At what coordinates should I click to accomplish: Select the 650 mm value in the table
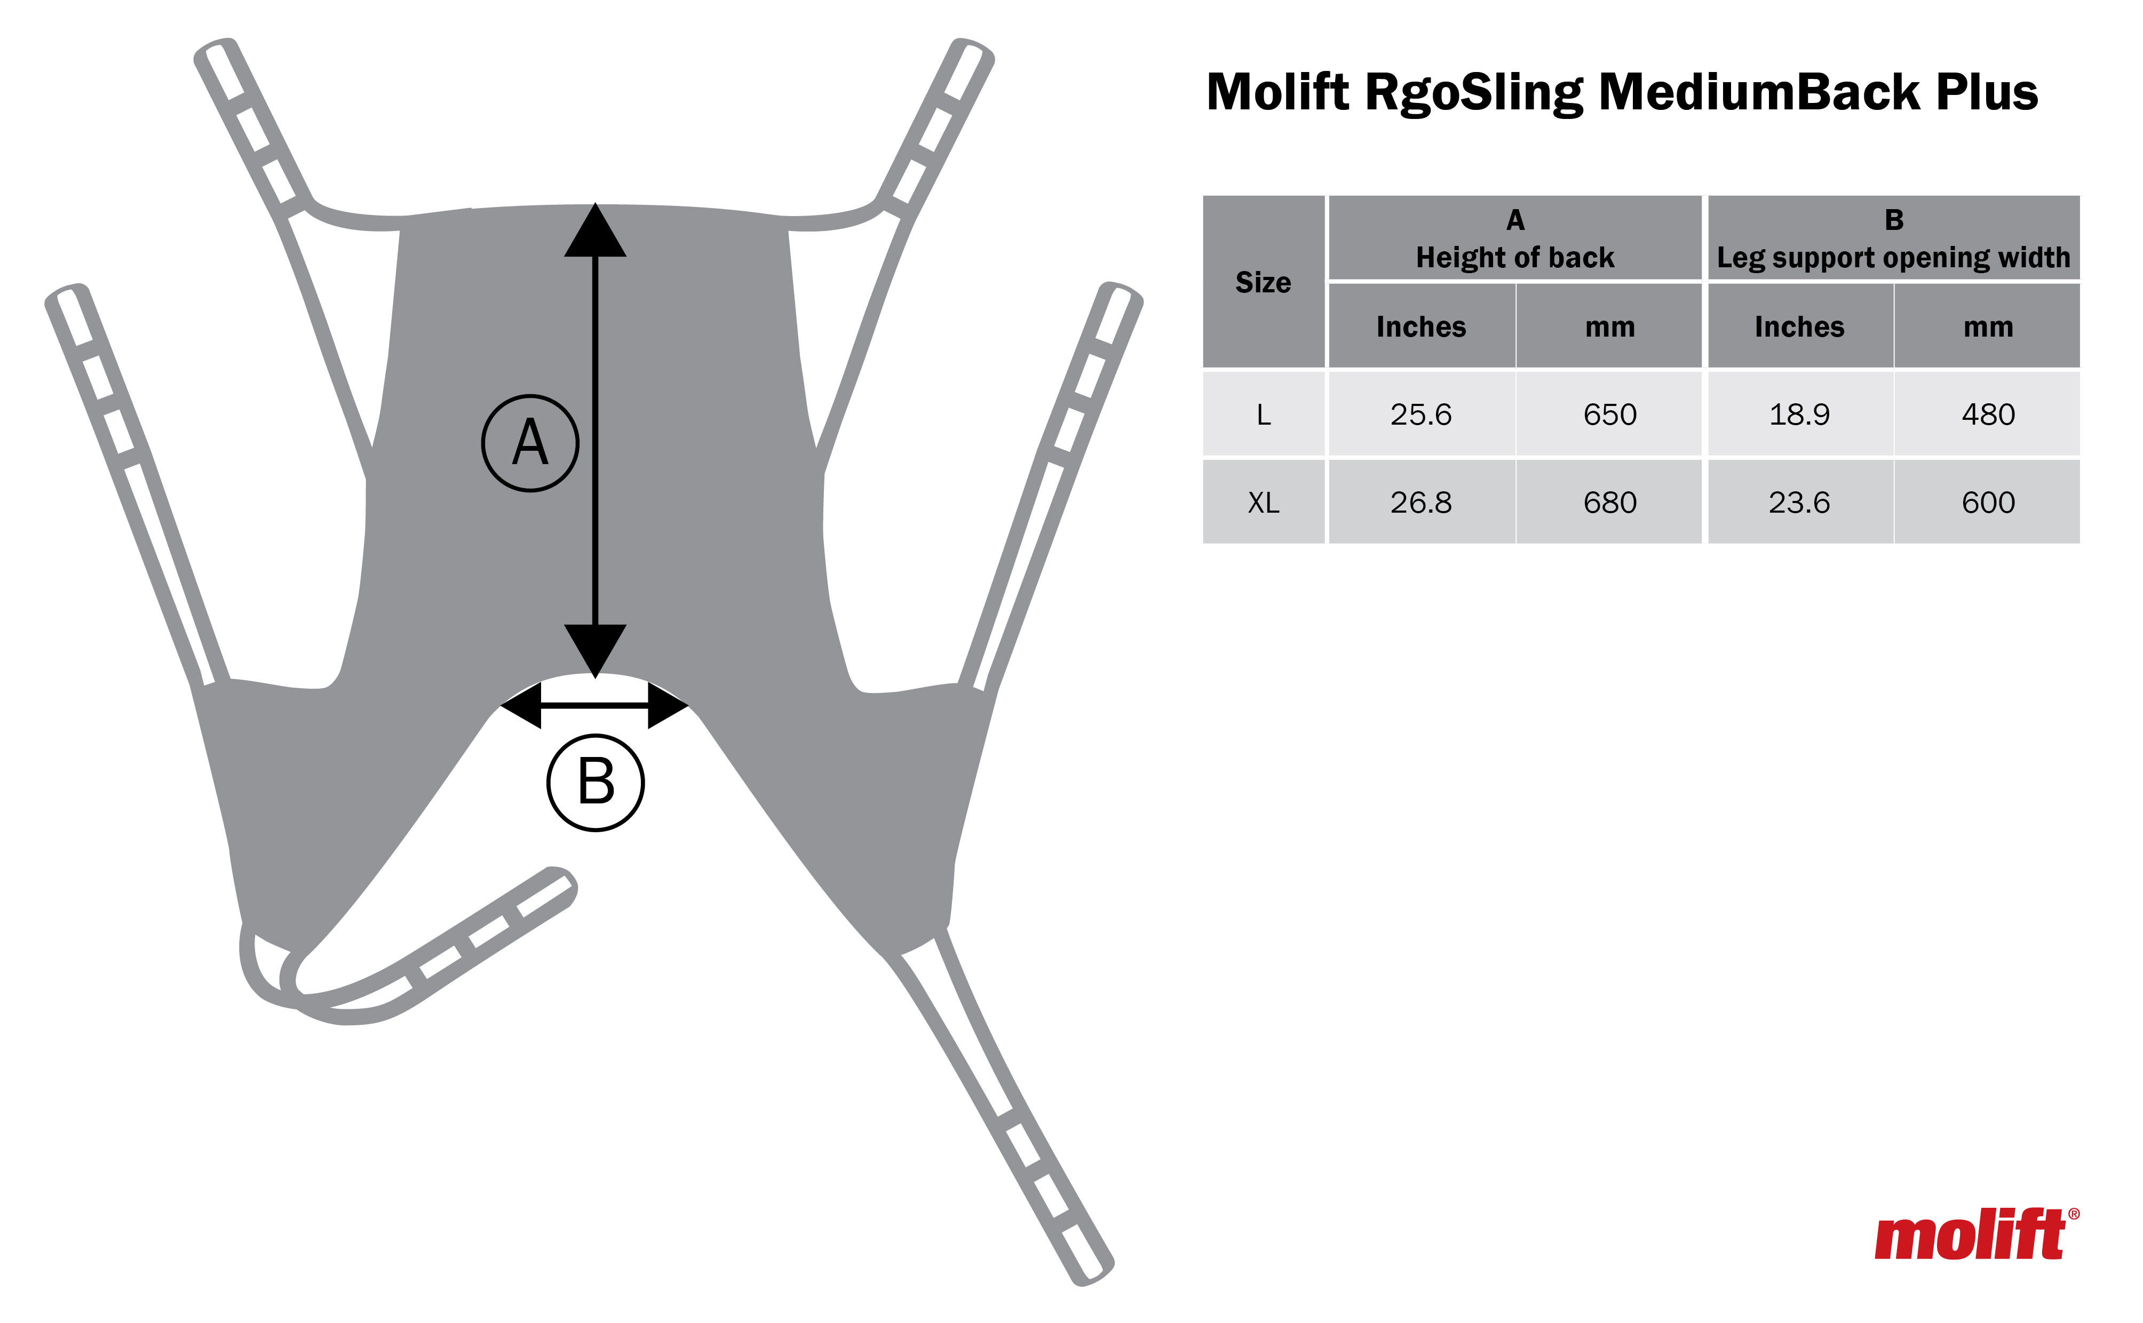(1609, 414)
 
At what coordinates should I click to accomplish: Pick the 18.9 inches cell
(1799, 414)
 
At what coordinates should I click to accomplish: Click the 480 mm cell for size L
(1988, 414)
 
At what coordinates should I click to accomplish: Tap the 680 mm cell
(1609, 502)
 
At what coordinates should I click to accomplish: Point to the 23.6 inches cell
(1799, 502)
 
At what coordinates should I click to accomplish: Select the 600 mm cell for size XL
(1988, 502)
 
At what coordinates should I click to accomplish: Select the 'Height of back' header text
(1515, 257)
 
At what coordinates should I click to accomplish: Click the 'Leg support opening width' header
(1894, 257)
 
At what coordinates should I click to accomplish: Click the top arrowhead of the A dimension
(595, 232)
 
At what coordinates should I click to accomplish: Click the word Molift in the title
(1277, 92)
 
